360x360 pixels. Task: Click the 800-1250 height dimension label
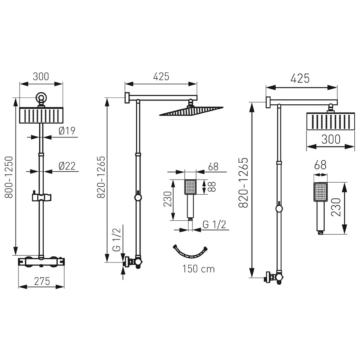coord(9,177)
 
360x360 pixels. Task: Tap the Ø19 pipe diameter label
coord(67,131)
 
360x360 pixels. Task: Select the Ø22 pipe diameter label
coord(67,166)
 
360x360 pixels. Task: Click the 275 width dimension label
coord(42,281)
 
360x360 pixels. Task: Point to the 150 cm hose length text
coord(198,269)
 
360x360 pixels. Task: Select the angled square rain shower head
coord(191,111)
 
